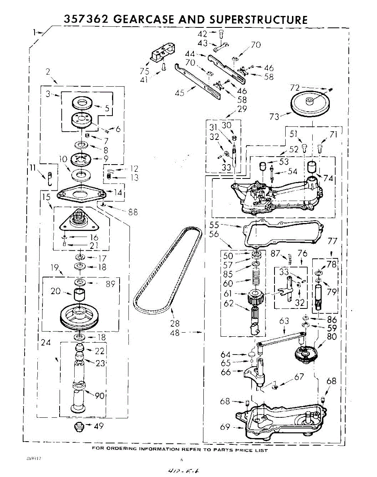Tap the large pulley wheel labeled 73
312,103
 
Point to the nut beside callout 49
79,428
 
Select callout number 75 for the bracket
144,72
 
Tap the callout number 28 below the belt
175,323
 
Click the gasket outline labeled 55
282,233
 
